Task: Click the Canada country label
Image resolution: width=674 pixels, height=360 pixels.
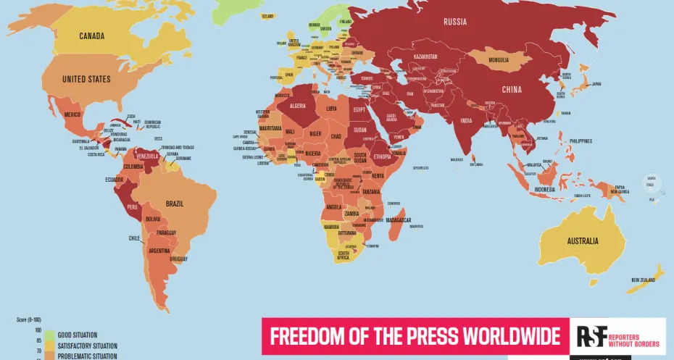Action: pos(92,36)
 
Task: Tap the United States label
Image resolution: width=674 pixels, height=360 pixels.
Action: pos(86,79)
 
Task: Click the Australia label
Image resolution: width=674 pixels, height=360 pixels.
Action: pos(583,240)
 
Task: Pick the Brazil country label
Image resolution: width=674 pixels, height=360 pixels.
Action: pos(175,204)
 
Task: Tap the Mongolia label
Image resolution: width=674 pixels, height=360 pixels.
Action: pos(499,59)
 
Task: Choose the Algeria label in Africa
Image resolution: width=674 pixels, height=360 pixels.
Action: pos(299,106)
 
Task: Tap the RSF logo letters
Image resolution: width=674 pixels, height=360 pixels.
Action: pos(587,336)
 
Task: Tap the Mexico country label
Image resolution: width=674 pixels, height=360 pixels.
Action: pos(72,114)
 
